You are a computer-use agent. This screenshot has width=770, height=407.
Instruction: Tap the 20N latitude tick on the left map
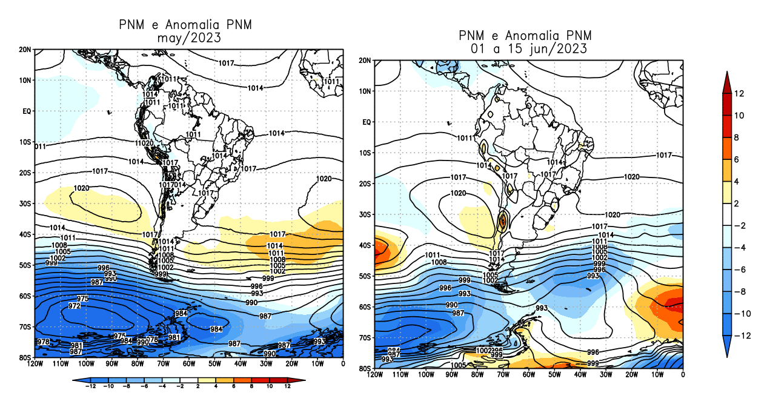click(x=25, y=49)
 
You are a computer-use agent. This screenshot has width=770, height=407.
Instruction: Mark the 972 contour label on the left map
click(x=74, y=306)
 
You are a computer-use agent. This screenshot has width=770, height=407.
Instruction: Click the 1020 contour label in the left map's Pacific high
click(x=81, y=188)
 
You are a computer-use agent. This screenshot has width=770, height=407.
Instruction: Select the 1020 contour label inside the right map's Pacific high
click(x=458, y=193)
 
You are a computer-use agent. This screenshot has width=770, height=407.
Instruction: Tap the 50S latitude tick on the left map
click(x=25, y=265)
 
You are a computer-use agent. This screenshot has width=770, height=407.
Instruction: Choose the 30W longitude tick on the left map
click(x=266, y=364)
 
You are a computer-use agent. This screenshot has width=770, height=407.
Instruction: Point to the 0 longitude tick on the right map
click(x=683, y=375)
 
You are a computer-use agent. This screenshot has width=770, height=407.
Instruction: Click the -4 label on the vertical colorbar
click(x=740, y=248)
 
